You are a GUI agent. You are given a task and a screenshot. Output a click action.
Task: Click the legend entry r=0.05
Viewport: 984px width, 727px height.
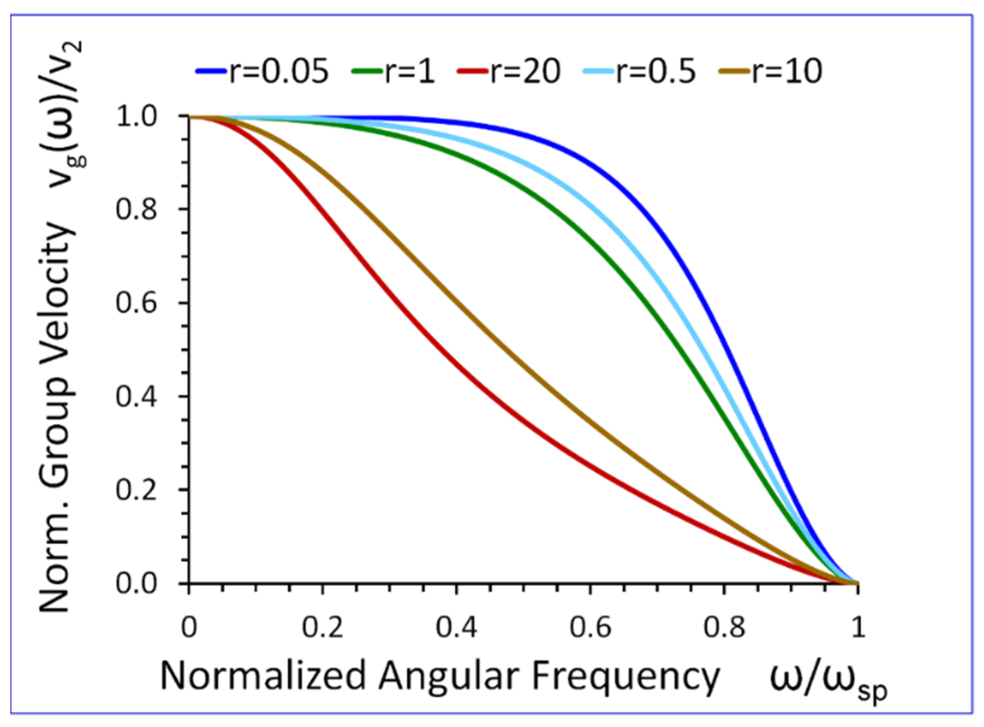pos(263,72)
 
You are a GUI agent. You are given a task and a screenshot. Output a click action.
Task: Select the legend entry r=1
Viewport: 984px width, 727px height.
pos(394,72)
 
